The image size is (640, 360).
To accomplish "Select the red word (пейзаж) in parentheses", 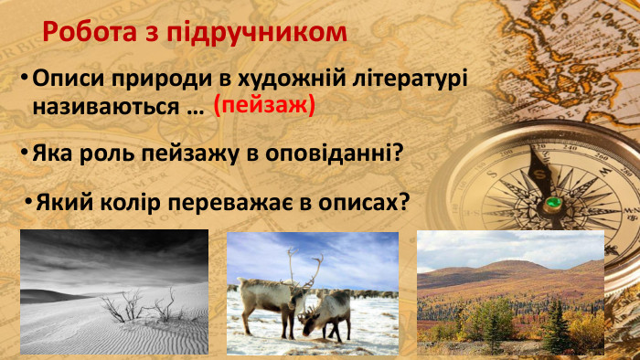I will (x=264, y=106).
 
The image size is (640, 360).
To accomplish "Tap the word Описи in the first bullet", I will (x=63, y=79).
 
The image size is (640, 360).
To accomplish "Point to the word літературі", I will (x=411, y=79).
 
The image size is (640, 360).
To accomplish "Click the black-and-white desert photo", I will (x=113, y=291).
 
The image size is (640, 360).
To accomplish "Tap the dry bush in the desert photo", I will (x=137, y=306).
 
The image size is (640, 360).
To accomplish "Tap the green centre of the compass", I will (x=552, y=202).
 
